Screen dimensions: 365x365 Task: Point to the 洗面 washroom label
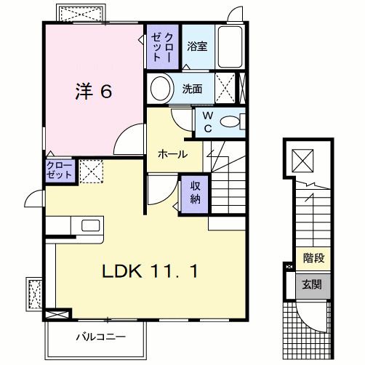(x=193, y=89)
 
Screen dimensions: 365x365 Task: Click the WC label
(x=206, y=121)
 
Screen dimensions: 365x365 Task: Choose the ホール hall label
(x=173, y=154)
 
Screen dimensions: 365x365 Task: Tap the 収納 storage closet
(x=195, y=192)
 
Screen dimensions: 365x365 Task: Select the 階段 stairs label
(x=314, y=258)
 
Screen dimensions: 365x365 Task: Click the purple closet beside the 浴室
(x=161, y=46)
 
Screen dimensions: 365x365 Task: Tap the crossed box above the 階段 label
(x=302, y=159)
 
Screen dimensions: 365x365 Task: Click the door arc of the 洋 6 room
(x=131, y=138)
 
